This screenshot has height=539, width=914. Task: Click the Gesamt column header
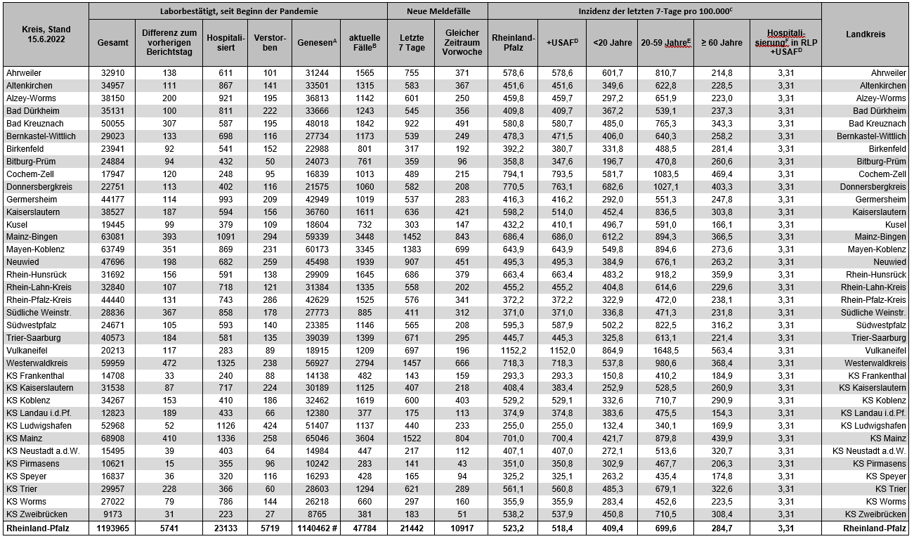[x=113, y=42]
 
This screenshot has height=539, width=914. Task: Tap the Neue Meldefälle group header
[x=437, y=12]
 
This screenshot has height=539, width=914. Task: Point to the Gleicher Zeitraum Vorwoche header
[x=462, y=42]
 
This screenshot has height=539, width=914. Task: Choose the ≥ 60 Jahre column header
[x=722, y=42]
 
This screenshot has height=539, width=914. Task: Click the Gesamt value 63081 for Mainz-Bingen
[x=113, y=237]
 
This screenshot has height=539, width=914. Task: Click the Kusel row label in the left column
[x=18, y=224]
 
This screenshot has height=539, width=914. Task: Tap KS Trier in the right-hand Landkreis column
[x=890, y=488]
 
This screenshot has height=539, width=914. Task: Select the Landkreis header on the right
[x=866, y=34]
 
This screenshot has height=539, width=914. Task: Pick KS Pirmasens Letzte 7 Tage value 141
[x=412, y=463]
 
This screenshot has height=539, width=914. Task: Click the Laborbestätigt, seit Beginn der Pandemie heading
[x=239, y=12]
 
